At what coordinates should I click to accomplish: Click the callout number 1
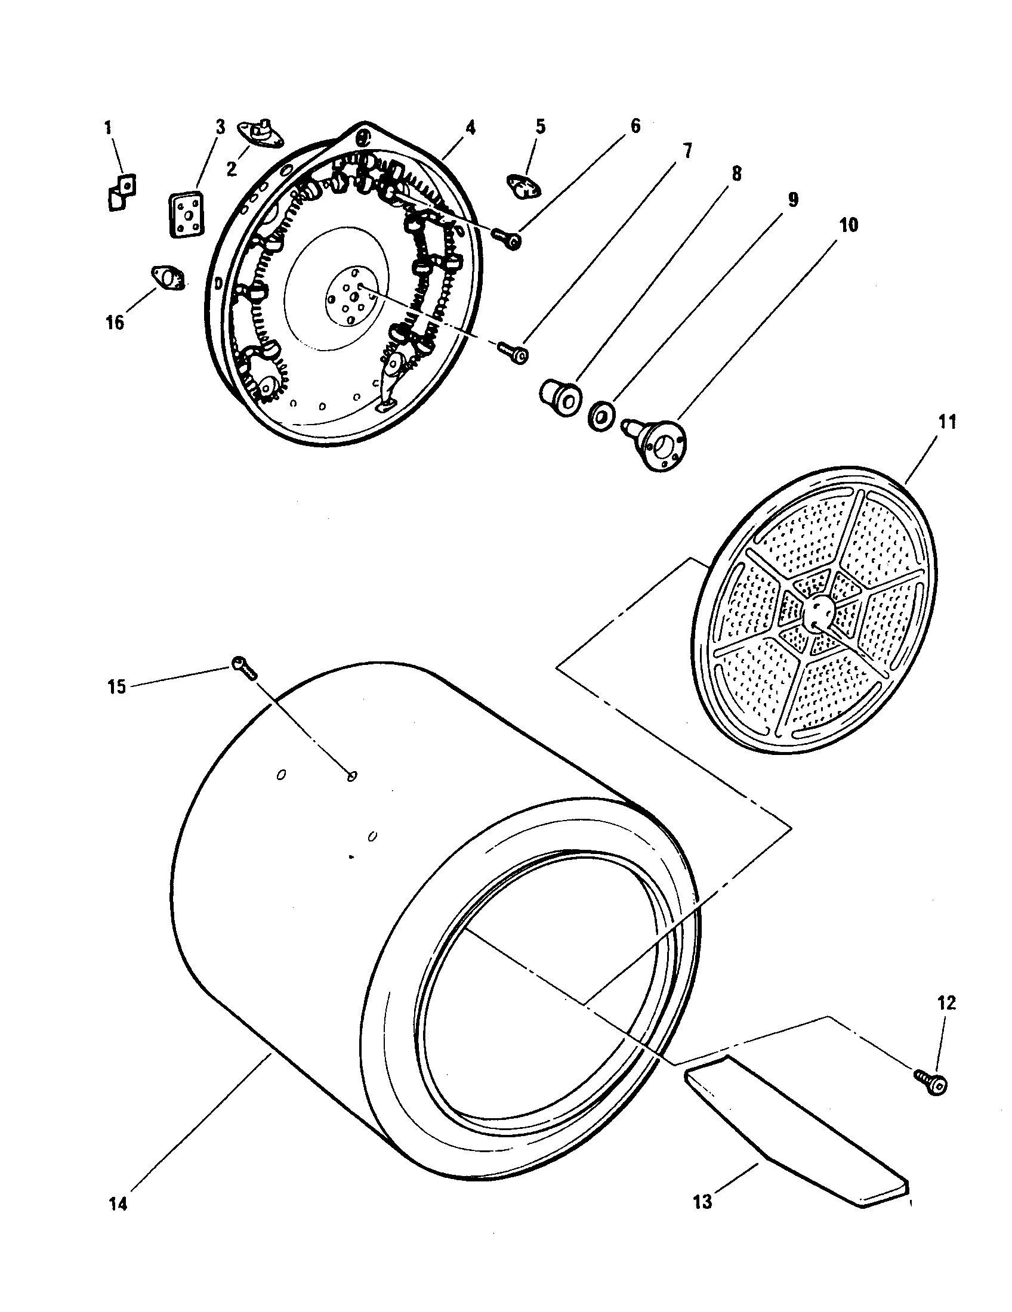[x=108, y=128]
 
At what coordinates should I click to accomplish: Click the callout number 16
[x=115, y=322]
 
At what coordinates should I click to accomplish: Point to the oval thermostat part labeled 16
[x=167, y=278]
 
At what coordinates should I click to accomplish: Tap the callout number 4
[x=470, y=128]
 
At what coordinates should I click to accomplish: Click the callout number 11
[x=947, y=422]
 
